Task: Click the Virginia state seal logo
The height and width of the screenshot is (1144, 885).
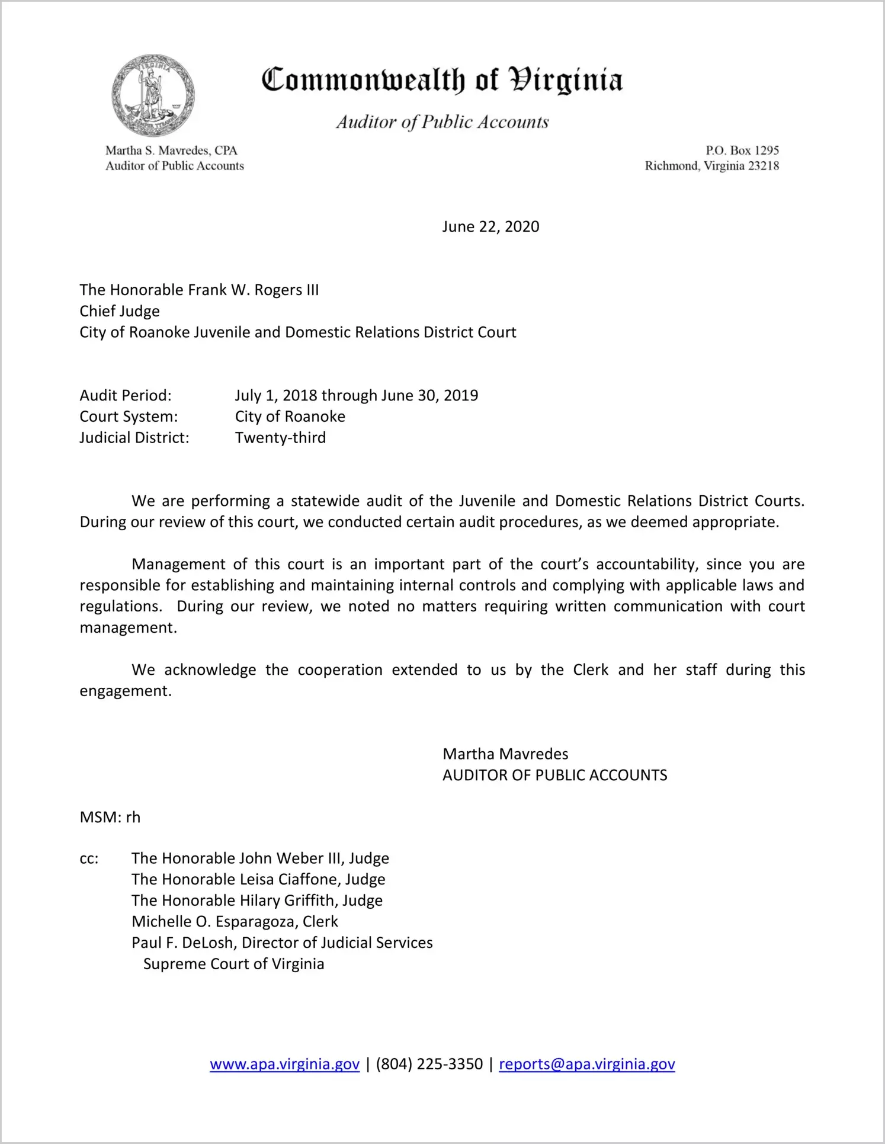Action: (x=153, y=95)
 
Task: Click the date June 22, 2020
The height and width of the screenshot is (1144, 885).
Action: (x=490, y=227)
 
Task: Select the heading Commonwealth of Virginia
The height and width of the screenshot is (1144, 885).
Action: (x=442, y=80)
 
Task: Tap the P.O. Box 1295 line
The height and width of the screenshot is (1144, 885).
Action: (x=742, y=150)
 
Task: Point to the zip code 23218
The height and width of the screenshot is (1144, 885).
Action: (x=764, y=166)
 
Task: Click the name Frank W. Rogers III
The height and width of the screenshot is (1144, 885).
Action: (x=253, y=290)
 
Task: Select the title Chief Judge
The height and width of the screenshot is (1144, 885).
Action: (x=120, y=312)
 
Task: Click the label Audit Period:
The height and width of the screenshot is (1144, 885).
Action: (x=126, y=396)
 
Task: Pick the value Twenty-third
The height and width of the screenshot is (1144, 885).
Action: (x=280, y=438)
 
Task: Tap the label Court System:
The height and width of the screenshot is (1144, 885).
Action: (x=129, y=417)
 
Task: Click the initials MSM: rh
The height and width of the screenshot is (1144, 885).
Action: (x=110, y=818)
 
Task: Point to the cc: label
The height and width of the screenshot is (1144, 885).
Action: (x=89, y=859)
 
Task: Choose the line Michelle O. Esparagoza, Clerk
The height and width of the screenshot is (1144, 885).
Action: (x=235, y=922)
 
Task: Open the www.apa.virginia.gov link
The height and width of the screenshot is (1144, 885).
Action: (x=284, y=1064)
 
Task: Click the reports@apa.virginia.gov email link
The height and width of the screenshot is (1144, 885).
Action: (x=586, y=1064)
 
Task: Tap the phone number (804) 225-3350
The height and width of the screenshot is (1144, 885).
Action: (x=429, y=1064)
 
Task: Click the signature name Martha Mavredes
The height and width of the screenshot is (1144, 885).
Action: (x=505, y=754)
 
